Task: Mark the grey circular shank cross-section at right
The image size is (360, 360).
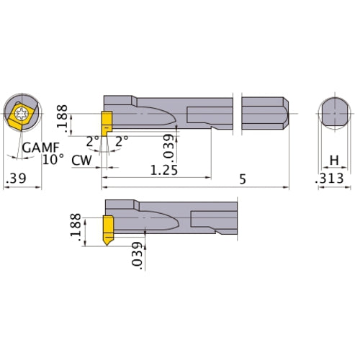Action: [333, 113]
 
